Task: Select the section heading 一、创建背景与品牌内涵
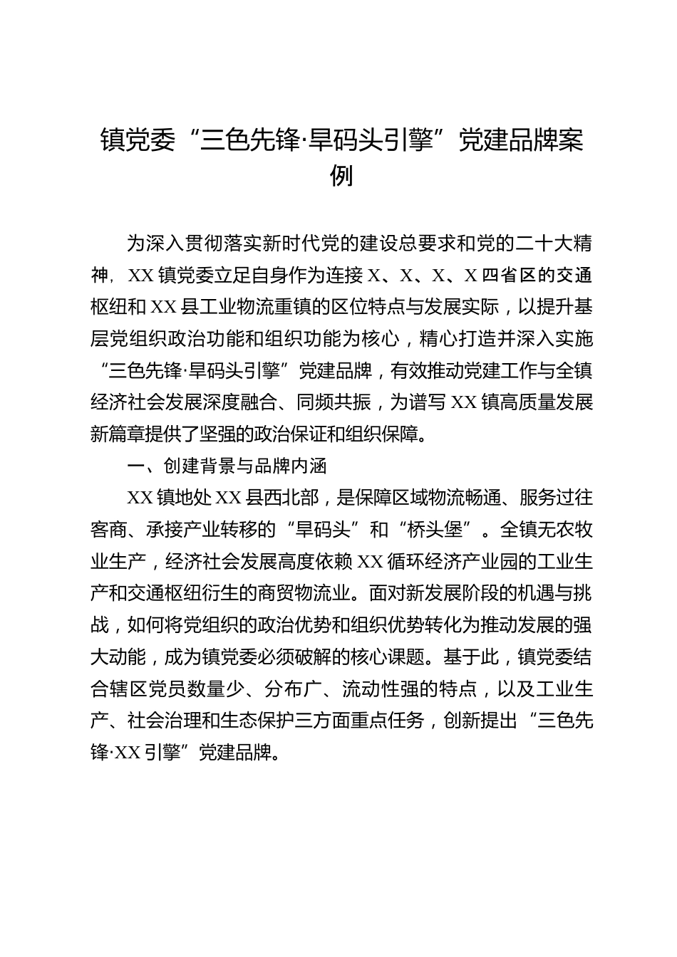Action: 227,466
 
